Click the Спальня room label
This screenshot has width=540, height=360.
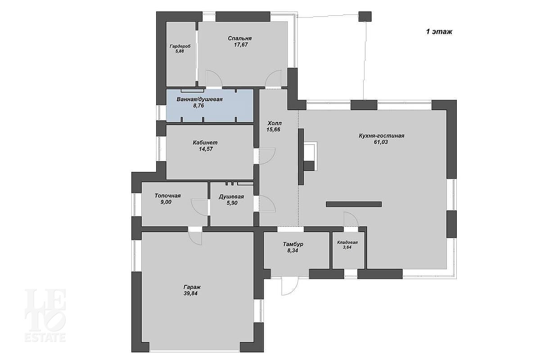[239, 38]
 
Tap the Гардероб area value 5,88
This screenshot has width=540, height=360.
[180, 51]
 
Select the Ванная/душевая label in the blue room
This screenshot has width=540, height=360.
[200, 99]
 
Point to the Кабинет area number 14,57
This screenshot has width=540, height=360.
[206, 149]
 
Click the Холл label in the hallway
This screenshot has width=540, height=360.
[274, 123]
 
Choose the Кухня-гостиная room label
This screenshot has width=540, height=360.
[382, 136]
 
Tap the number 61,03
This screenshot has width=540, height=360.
[381, 142]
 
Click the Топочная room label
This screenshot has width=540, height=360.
[167, 196]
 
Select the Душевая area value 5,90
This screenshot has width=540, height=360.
[232, 203]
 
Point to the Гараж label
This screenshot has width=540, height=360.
[192, 287]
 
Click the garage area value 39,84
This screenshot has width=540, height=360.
[190, 293]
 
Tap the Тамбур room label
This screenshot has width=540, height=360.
[293, 244]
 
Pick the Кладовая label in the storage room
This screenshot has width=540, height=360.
[347, 243]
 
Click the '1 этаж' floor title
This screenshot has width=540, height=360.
[439, 31]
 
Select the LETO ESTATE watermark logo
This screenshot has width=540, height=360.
[45, 315]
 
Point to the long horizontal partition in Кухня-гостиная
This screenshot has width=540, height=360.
[354, 204]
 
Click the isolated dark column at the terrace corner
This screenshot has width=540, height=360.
[365, 17]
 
